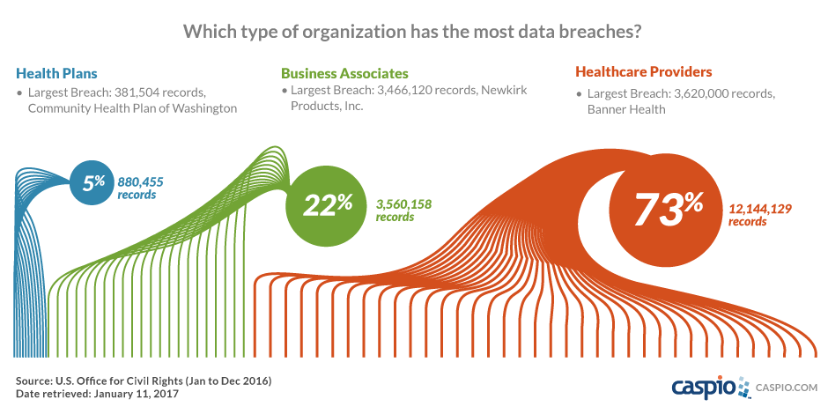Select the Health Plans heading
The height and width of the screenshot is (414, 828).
click(56, 73)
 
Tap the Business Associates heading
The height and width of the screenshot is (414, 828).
click(344, 73)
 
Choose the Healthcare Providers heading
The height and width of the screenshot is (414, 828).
click(643, 72)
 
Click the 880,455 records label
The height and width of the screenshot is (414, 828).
click(141, 188)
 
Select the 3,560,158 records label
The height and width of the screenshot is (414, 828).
click(404, 210)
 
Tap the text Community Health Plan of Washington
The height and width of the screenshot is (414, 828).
click(132, 108)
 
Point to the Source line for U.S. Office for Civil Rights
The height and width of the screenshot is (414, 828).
click(143, 381)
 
